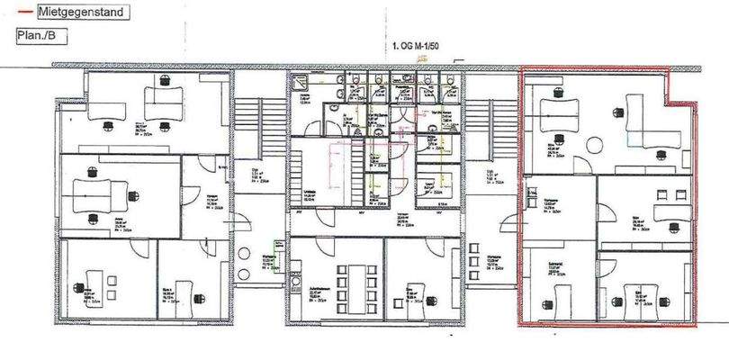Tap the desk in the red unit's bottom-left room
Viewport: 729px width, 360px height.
pos(563,297)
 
